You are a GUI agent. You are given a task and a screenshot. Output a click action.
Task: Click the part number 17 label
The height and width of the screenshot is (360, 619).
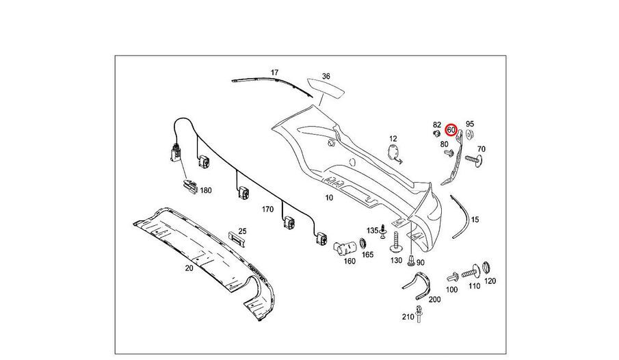[x=275, y=72]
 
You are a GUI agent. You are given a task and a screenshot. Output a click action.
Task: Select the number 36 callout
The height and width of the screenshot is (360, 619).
[x=326, y=76]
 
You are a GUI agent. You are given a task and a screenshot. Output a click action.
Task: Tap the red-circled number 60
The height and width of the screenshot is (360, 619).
[x=451, y=129]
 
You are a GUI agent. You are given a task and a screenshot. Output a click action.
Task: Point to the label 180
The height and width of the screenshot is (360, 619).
[x=206, y=191]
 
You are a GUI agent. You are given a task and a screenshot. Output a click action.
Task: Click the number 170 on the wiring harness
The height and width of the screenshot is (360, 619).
[x=267, y=209]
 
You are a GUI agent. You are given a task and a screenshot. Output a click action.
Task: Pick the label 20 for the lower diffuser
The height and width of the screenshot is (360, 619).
[x=189, y=268]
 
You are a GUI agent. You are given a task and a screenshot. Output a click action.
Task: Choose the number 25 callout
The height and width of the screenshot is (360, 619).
[x=241, y=231]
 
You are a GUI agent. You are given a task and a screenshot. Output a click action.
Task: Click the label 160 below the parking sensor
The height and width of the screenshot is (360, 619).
[x=350, y=261]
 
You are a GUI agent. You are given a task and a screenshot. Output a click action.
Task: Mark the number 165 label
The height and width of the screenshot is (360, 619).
[x=367, y=255]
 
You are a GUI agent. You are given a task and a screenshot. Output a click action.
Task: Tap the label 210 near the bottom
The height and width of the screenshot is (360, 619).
[x=408, y=316]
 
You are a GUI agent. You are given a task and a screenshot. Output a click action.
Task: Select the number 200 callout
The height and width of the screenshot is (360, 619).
[x=435, y=298]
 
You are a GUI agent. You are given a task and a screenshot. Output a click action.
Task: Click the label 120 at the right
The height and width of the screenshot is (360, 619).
[x=490, y=281]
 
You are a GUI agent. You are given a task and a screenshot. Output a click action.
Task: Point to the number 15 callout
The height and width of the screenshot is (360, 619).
[x=475, y=219]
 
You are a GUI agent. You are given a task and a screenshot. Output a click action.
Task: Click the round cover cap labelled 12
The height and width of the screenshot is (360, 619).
[x=393, y=153]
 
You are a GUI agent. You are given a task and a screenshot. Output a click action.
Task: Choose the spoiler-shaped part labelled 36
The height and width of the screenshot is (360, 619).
[x=326, y=89]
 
